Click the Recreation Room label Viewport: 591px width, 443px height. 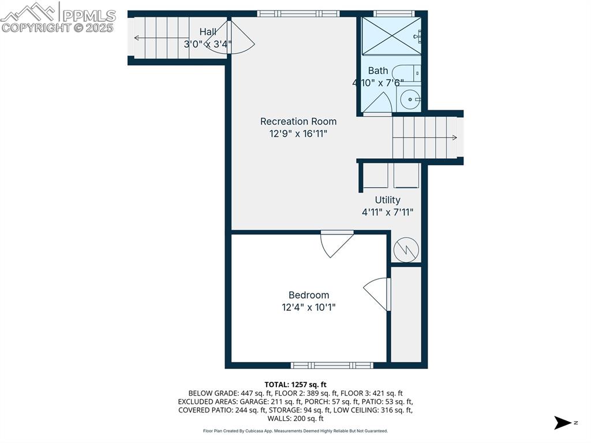pos(298,121)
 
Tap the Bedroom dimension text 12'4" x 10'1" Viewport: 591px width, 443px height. pos(308,307)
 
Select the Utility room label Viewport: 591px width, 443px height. pos(387,200)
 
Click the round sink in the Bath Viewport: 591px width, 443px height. pos(410,99)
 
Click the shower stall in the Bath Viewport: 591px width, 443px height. pos(391,36)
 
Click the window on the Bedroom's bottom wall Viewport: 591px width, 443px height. pos(332,365)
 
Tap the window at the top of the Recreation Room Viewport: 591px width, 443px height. pos(298,13)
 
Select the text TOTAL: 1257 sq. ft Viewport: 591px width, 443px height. pos(295,384)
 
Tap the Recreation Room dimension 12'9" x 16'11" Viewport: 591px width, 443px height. pos(298,133)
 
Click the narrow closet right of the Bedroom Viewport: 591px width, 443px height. pos(406,314)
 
